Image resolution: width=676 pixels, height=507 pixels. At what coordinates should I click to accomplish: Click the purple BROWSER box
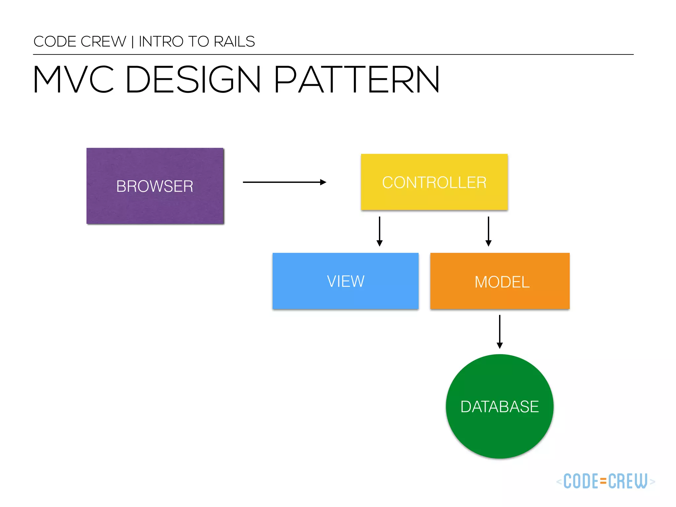[155, 186]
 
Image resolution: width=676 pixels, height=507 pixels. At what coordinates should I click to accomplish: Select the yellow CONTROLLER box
[434, 182]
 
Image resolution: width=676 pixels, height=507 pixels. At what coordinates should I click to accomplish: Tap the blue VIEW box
[345, 281]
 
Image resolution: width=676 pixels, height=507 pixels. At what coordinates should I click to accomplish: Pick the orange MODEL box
[500, 281]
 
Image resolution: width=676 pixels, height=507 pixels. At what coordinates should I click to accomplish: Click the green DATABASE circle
[499, 406]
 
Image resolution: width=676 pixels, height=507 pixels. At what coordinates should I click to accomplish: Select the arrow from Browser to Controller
[284, 182]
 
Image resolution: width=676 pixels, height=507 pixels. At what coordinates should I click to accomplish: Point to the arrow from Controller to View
[380, 231]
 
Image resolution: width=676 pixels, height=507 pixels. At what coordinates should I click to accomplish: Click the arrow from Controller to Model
[489, 231]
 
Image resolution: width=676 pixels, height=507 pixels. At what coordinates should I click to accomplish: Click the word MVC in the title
[73, 80]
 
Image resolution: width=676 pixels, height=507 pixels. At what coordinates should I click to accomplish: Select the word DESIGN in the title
[193, 80]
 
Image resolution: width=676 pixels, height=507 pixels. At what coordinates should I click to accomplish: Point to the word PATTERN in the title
[356, 80]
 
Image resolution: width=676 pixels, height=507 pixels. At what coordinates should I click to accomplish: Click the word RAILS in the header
[234, 42]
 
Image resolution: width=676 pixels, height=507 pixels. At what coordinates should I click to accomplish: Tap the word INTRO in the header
[161, 42]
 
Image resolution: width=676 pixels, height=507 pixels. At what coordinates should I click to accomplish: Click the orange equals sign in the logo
[603, 481]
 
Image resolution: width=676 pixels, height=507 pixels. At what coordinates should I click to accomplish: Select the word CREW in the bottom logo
[627, 481]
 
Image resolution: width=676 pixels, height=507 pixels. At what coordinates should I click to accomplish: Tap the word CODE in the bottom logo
[581, 481]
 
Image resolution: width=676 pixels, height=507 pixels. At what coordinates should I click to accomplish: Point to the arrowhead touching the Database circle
[500, 346]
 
